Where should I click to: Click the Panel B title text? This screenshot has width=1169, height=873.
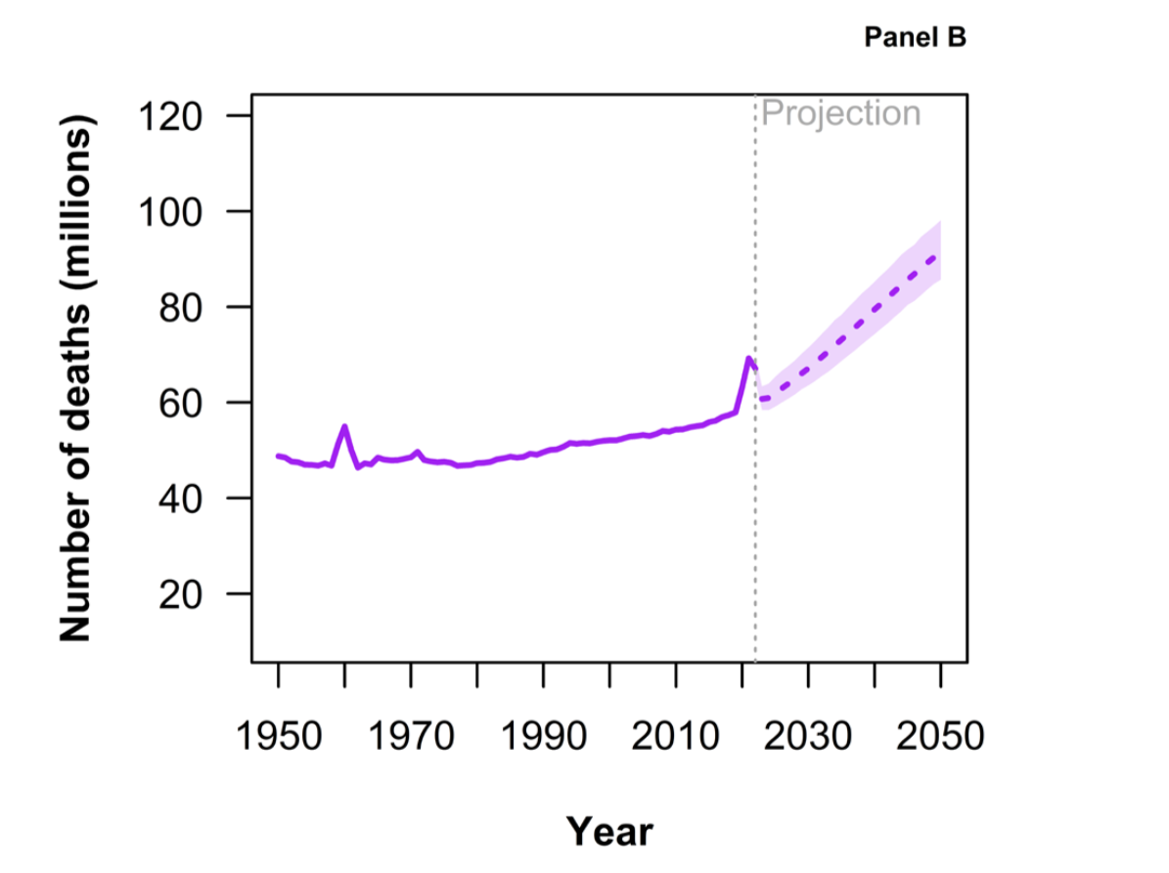916,38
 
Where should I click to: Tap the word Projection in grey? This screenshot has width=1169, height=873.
840,113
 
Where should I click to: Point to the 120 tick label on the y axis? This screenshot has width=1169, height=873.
169,116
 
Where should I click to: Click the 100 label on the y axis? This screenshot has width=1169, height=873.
169,212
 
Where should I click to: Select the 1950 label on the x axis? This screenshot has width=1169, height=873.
279,734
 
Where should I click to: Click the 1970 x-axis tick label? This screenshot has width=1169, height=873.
412,734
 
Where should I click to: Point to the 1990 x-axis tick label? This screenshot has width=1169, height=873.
544,734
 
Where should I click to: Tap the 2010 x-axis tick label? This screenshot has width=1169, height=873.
676,734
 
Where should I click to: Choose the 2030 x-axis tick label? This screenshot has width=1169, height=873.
809,734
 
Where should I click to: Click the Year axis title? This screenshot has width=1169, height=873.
609,831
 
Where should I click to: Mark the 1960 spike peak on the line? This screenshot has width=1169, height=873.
344,426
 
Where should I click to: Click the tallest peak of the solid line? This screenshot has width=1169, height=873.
748,358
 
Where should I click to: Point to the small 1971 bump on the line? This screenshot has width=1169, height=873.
418,452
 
